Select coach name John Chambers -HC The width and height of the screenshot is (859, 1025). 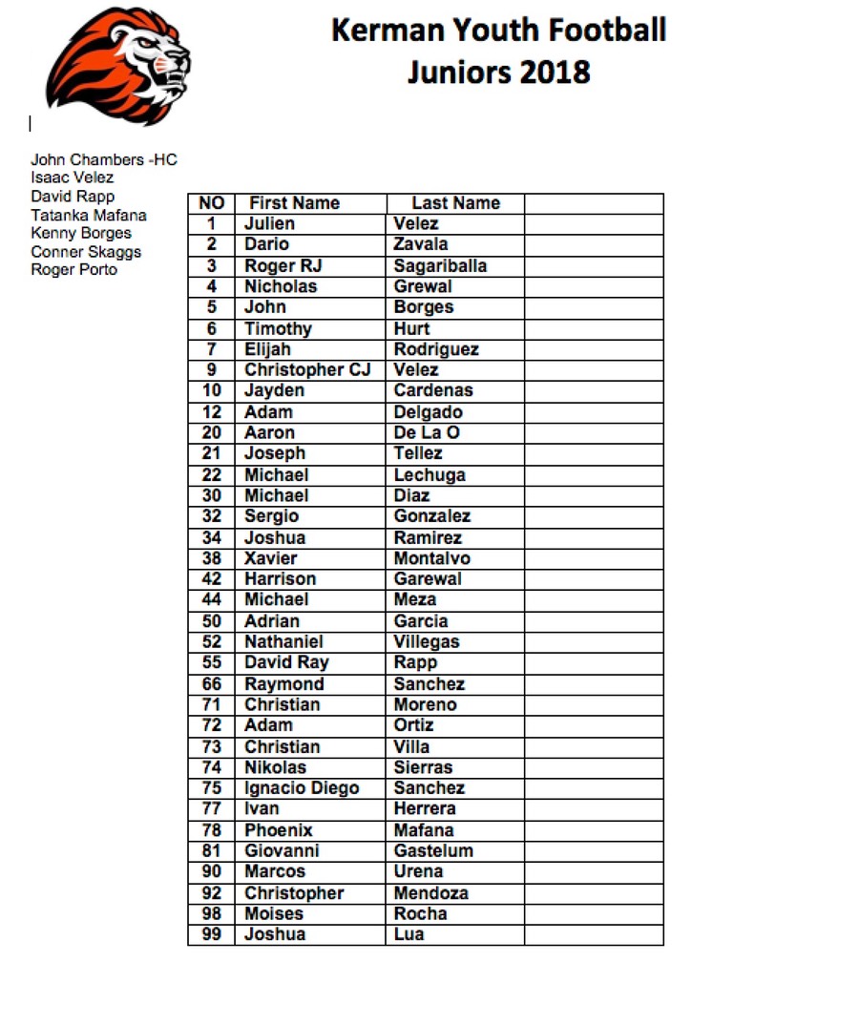click(x=104, y=159)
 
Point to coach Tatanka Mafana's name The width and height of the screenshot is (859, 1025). click(x=89, y=215)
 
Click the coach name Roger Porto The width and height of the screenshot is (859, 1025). click(x=74, y=270)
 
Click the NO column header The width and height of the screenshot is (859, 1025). click(x=211, y=203)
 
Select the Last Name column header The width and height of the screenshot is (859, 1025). click(x=455, y=203)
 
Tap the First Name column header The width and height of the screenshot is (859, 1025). click(x=294, y=203)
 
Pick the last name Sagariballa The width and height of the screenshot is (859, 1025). click(x=440, y=265)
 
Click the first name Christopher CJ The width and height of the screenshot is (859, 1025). click(x=307, y=369)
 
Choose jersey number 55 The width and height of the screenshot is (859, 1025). click(x=212, y=662)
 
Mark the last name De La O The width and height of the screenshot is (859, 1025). click(x=427, y=432)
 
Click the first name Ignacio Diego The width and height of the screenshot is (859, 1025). click(x=302, y=787)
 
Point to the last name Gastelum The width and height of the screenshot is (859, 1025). click(x=433, y=850)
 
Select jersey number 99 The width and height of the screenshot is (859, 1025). click(x=212, y=933)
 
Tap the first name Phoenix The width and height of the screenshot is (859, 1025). click(x=279, y=830)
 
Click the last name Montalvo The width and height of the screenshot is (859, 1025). click(x=431, y=558)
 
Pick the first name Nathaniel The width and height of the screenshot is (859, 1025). click(x=283, y=641)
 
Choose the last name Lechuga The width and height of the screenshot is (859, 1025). click(x=429, y=474)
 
